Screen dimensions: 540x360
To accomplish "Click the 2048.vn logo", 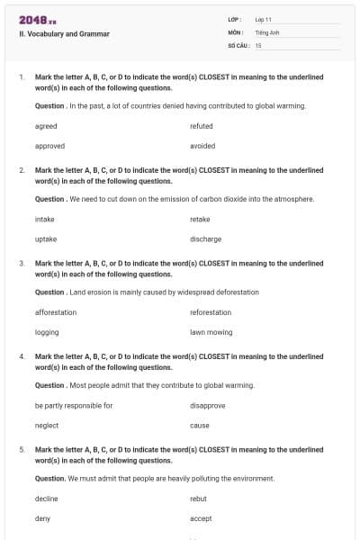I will coord(37,19).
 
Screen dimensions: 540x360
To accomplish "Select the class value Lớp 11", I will coord(264,19).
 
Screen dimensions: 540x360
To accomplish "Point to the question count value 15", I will coord(258,45).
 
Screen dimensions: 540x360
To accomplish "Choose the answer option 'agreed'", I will coord(46,126).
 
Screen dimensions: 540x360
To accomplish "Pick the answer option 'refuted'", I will coord(202,126).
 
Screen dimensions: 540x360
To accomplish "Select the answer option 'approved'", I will coord(49,146).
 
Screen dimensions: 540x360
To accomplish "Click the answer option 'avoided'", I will coord(202,146).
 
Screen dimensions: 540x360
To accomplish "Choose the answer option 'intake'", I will coord(45,219).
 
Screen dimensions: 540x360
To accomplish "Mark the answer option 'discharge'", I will coord(206,239).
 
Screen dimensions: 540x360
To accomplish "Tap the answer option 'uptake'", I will coord(46,239).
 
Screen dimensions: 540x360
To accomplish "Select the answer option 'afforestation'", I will coord(56,312).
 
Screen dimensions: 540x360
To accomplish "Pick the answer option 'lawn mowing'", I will coord(211,332).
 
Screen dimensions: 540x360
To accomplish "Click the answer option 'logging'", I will coord(47,332).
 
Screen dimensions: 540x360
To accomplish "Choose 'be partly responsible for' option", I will coord(74,405).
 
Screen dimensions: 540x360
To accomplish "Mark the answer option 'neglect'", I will coord(47,426).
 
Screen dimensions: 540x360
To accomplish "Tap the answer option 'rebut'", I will coord(199,499).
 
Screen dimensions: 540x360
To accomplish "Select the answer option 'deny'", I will coord(42,518).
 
